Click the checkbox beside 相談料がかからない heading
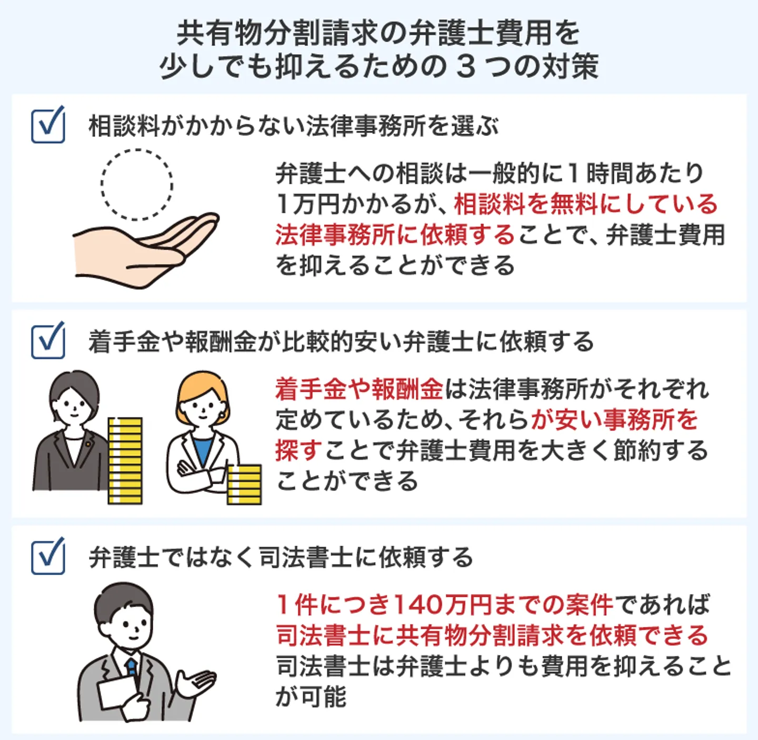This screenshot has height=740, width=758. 48,125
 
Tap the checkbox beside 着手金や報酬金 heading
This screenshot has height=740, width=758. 48,341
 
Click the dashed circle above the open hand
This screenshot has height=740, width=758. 137,184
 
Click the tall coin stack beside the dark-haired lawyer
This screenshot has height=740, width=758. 125,461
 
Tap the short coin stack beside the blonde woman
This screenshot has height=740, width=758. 244,484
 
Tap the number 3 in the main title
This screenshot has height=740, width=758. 466,67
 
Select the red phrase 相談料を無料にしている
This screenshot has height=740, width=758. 585,204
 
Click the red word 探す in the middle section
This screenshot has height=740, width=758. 298,451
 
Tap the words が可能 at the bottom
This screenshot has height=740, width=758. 311,697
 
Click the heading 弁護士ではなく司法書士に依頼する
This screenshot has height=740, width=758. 281,557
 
